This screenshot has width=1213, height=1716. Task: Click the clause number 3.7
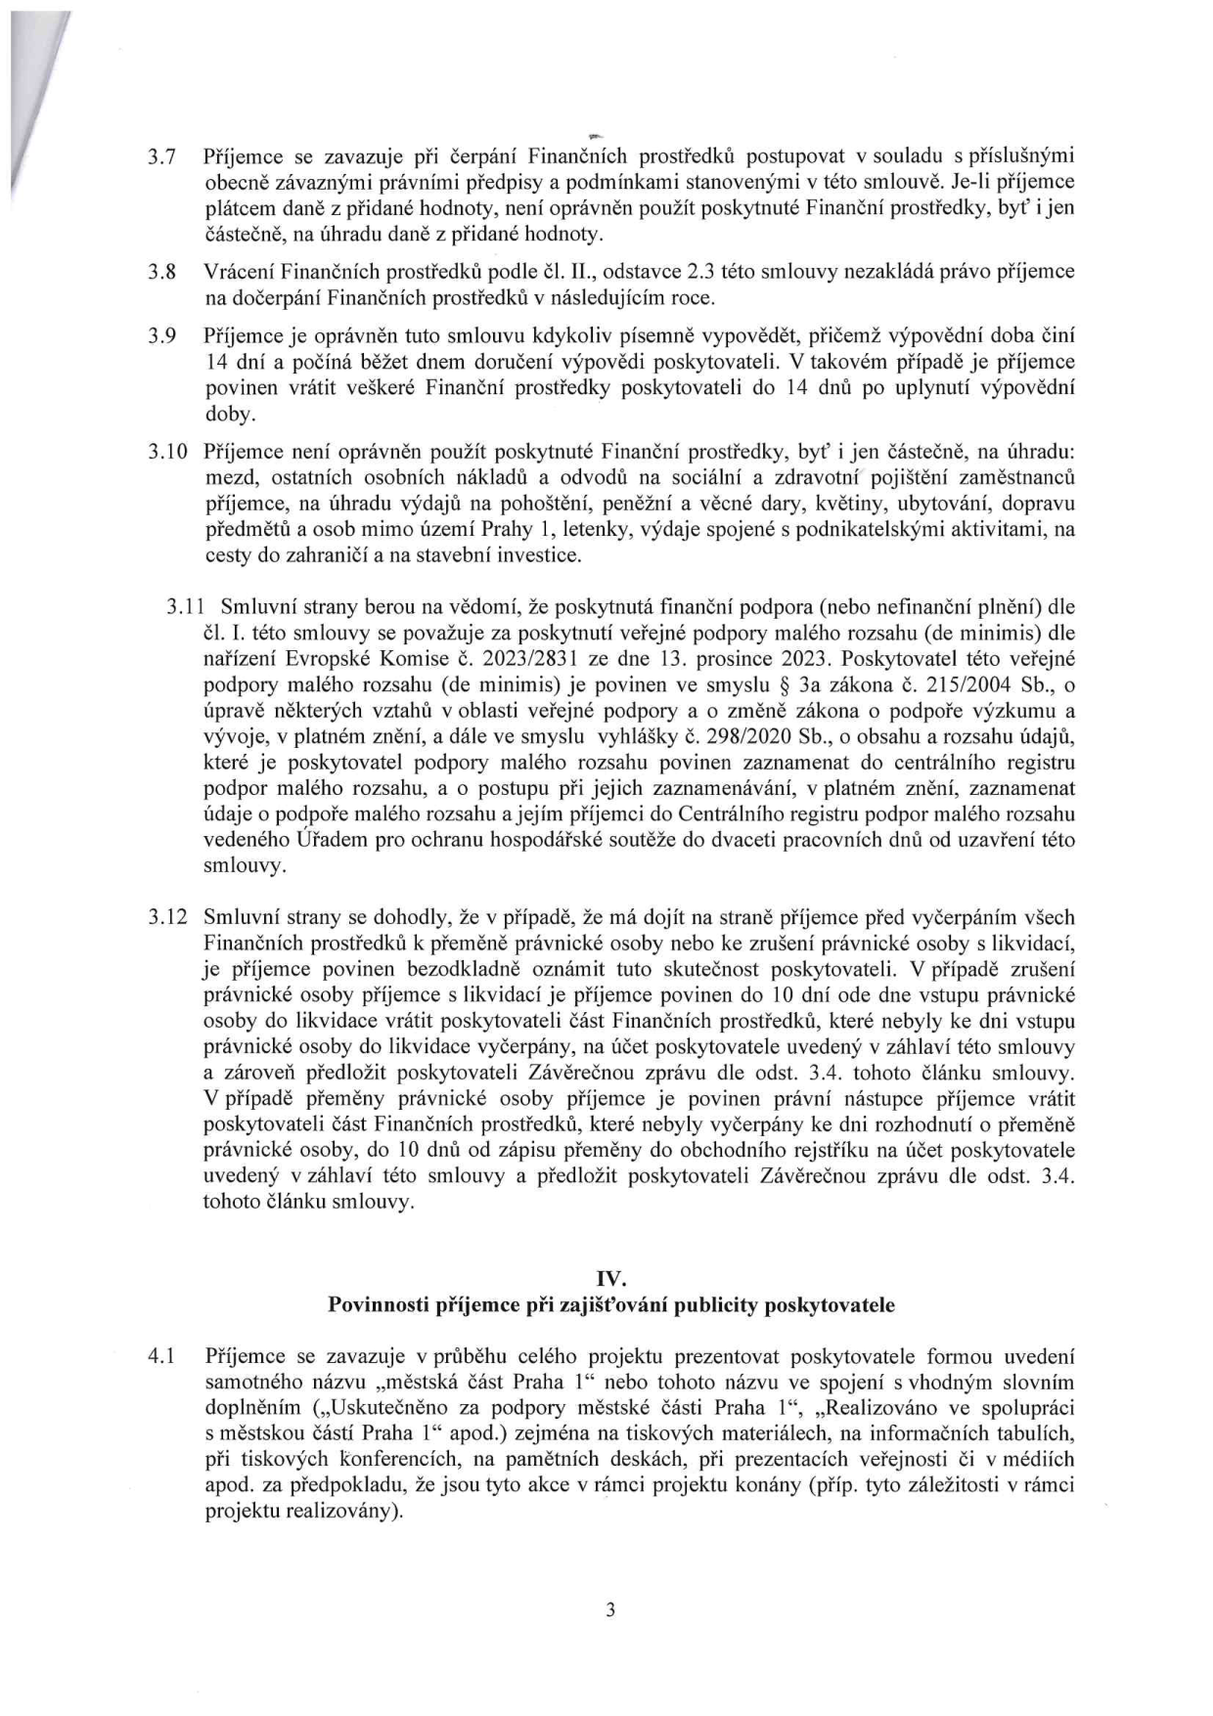click(160, 156)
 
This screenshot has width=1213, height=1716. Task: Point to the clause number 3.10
click(165, 453)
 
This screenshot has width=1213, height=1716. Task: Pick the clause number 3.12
click(165, 918)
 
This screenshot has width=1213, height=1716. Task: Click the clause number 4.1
click(160, 1357)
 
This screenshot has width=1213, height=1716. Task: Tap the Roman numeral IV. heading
click(610, 1278)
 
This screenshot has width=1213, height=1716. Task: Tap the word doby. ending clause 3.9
click(229, 415)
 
